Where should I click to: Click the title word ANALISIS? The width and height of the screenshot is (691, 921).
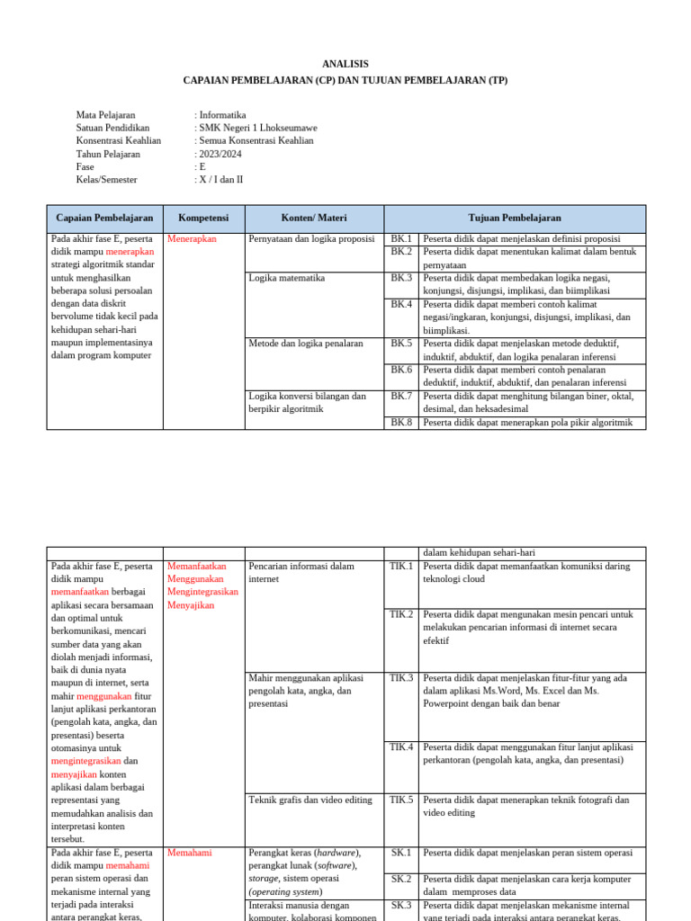tap(345, 64)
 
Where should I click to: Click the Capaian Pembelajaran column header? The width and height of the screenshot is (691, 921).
tap(104, 218)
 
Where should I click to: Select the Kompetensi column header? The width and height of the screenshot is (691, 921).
tap(203, 218)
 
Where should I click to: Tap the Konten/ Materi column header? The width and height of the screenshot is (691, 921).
tap(314, 218)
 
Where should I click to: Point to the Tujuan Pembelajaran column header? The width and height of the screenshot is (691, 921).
tap(515, 218)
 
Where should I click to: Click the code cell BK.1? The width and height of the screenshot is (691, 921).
tap(401, 239)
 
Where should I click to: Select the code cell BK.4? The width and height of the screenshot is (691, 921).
tap(401, 304)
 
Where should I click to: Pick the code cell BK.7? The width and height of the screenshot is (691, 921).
tap(401, 396)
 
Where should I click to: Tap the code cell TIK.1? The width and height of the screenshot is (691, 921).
tap(401, 567)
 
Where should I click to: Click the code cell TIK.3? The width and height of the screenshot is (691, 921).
tap(401, 678)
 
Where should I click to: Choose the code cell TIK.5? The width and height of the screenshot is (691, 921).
tap(401, 800)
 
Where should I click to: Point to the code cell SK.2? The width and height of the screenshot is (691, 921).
tap(401, 879)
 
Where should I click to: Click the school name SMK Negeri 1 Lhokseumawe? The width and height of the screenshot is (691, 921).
tap(258, 128)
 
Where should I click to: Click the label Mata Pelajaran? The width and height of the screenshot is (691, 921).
tap(105, 115)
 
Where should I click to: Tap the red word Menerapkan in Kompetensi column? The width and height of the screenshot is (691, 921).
tap(192, 239)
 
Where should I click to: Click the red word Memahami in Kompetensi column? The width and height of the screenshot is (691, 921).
tap(190, 853)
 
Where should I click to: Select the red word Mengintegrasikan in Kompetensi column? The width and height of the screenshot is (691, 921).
tap(202, 592)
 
